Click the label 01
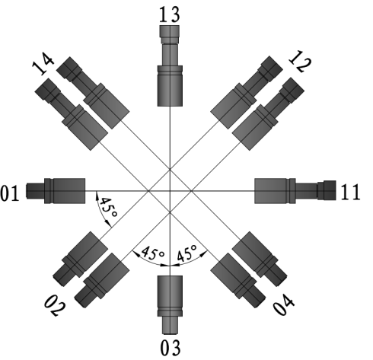coord(10,193)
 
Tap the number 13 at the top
coord(170,14)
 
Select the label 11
coord(350,193)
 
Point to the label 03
coord(171,348)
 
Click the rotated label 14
coord(43,63)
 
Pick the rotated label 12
coord(300,62)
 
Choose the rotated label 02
coord(55,305)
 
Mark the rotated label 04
coord(283,304)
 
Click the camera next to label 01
coord(56,191)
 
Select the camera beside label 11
coord(295,191)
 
